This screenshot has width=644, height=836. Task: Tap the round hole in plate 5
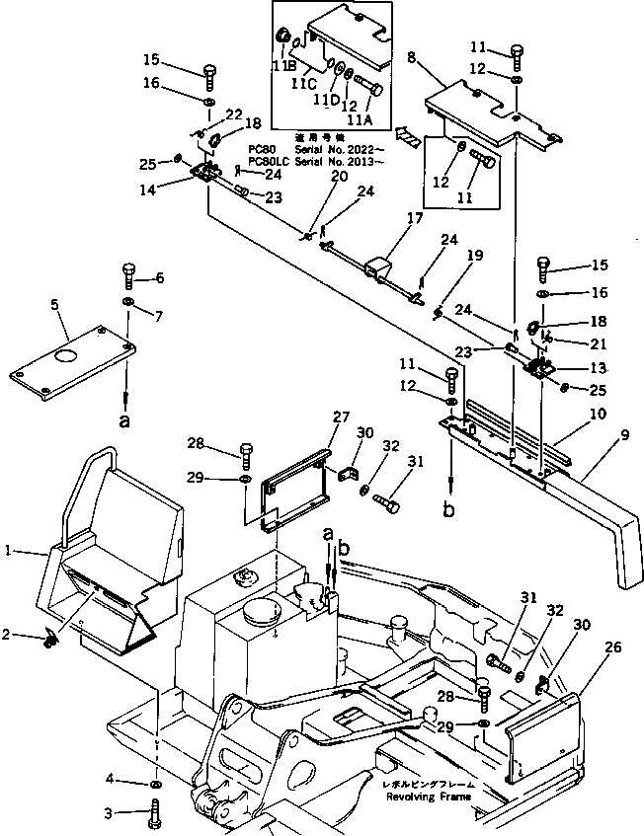[66, 356]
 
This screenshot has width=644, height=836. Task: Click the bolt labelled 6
[130, 275]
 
